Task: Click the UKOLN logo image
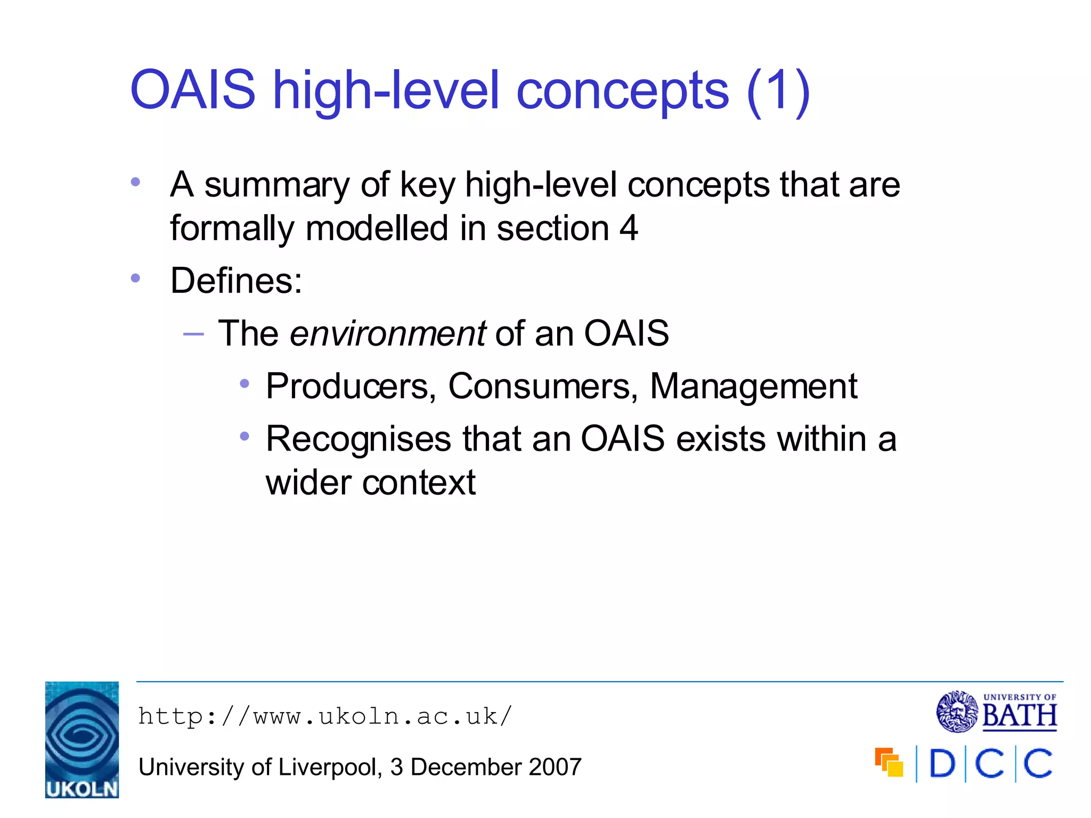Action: (x=82, y=739)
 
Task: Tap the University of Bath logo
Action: (x=997, y=712)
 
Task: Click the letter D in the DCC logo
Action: (x=942, y=764)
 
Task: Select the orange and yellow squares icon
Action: (x=889, y=763)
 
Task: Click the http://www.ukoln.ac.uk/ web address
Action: (x=325, y=716)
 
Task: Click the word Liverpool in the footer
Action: (x=329, y=767)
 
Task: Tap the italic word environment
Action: (x=387, y=334)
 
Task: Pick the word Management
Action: (x=753, y=387)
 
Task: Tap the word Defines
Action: (x=236, y=281)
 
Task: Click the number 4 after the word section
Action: (x=629, y=228)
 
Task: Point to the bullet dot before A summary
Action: (x=135, y=182)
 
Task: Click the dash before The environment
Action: (x=193, y=334)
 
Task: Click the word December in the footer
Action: (x=466, y=767)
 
